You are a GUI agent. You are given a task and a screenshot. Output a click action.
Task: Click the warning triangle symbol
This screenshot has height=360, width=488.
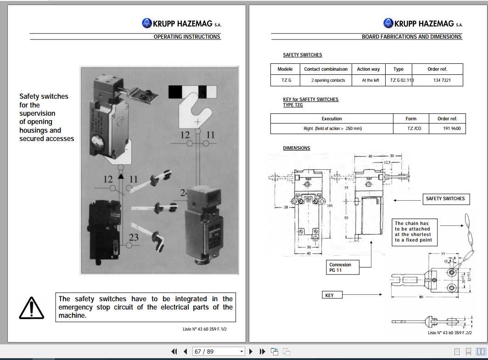pos(31,308)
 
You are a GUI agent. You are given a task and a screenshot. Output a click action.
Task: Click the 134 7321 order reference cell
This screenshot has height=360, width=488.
pos(442,80)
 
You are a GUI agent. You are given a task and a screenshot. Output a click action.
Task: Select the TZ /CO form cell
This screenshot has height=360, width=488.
pos(411,129)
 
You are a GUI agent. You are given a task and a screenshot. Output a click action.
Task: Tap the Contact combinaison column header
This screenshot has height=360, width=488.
pos(325,69)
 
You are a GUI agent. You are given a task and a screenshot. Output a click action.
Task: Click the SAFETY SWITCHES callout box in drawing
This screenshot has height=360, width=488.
pos(445,199)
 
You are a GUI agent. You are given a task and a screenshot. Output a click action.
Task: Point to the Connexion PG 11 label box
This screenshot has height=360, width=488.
pos(340,267)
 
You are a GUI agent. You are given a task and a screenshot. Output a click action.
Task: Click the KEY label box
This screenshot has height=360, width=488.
pos(330,295)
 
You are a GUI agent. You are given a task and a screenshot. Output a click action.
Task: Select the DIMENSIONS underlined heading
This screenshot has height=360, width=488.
pos(297,148)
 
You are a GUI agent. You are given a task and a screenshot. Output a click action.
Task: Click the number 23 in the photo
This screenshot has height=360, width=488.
pos(134,237)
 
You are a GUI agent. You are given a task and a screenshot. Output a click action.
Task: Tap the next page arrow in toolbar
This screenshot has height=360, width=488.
pos(251,351)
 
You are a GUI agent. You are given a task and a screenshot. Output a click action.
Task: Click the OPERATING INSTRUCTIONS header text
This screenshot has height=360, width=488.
pos(187,37)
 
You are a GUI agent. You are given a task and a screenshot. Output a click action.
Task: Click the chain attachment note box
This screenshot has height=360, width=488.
pos(413,232)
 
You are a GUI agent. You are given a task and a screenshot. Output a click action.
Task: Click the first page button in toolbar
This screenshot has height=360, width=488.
pos(174,351)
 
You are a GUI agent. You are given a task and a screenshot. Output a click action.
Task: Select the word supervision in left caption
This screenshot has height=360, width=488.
pos(37,113)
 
